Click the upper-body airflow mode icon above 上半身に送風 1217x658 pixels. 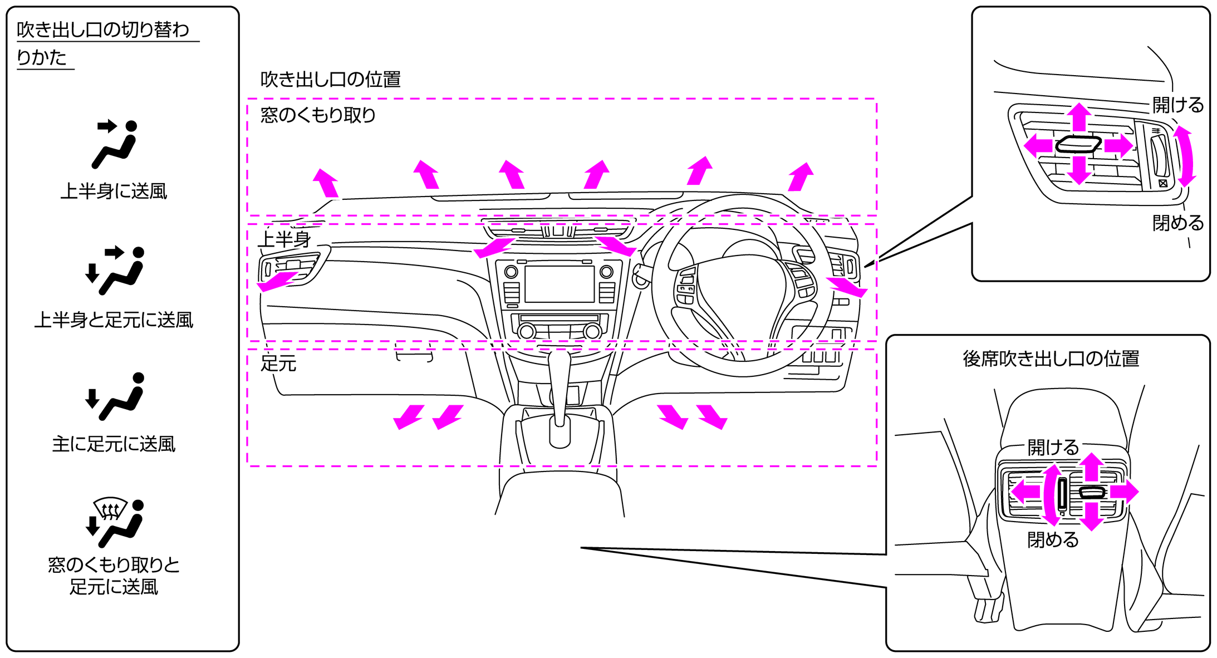click(x=115, y=144)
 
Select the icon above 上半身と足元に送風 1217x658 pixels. click(x=115, y=270)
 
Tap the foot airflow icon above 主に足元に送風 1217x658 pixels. click(x=115, y=396)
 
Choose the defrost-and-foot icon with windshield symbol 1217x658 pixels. click(x=115, y=523)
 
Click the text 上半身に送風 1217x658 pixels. click(x=114, y=191)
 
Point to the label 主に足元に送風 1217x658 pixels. click(x=114, y=444)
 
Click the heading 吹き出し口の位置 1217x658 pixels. click(x=330, y=80)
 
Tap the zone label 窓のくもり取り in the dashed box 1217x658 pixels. click(x=318, y=115)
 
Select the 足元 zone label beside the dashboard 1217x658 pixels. click(x=278, y=364)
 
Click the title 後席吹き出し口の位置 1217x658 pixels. click(x=1051, y=359)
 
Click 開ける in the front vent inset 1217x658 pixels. click(x=1177, y=105)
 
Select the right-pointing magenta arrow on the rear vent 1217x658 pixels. click(x=1125, y=492)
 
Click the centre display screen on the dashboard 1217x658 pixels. click(x=559, y=284)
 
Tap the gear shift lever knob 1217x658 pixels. click(x=560, y=431)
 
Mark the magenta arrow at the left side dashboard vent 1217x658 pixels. click(x=276, y=281)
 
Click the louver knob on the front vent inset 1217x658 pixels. click(x=1079, y=145)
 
